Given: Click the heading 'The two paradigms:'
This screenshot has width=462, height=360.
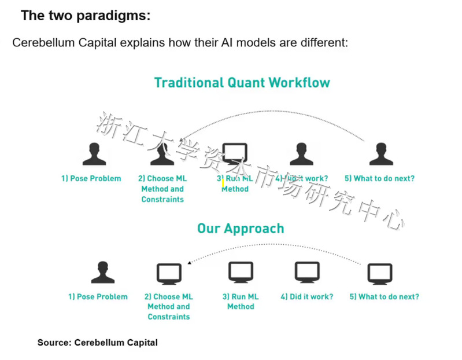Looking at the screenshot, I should point(85,16).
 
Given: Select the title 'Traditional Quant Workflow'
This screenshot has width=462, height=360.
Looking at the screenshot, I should point(242,82).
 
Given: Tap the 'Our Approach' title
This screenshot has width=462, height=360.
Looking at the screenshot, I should point(241,228).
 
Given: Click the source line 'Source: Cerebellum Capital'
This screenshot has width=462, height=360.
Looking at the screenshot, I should point(97,343).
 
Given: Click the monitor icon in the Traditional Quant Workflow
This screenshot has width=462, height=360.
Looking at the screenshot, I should point(235,155).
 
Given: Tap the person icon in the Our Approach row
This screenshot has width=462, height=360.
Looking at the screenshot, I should point(102,273).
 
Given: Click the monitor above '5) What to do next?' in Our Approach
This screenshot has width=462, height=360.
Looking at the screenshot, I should point(380,273).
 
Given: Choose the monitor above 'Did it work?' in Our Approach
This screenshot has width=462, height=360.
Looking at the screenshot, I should point(307,273).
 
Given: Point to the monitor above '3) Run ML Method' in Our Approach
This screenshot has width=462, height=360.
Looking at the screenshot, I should point(241,273).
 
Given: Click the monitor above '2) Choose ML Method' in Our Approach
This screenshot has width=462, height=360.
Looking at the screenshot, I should point(169,273).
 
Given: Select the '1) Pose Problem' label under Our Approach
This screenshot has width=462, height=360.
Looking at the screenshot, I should point(98,297).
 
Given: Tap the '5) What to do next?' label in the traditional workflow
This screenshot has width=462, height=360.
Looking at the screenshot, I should point(379,178).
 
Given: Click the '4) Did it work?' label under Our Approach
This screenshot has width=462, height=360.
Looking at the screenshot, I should point(307,297).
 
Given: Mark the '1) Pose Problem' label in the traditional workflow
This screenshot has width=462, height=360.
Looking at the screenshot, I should point(91,178).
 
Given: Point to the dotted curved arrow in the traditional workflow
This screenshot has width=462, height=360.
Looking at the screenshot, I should point(272,112).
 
